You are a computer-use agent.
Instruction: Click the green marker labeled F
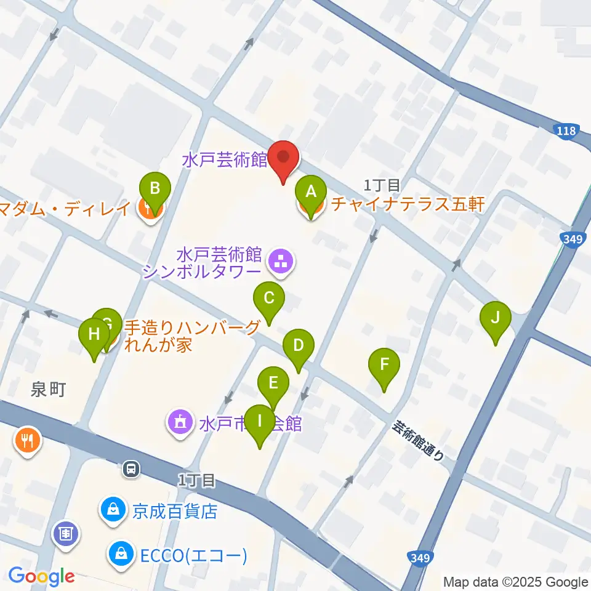coord(384,365)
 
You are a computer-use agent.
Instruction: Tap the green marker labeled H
coord(94,335)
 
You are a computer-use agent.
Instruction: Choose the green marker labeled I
coord(259,422)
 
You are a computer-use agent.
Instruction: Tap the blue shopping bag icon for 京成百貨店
coord(113,510)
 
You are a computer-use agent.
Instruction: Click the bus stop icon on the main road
coord(131,470)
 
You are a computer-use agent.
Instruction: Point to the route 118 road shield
coord(565,131)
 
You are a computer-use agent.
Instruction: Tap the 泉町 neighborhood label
coord(47,389)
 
